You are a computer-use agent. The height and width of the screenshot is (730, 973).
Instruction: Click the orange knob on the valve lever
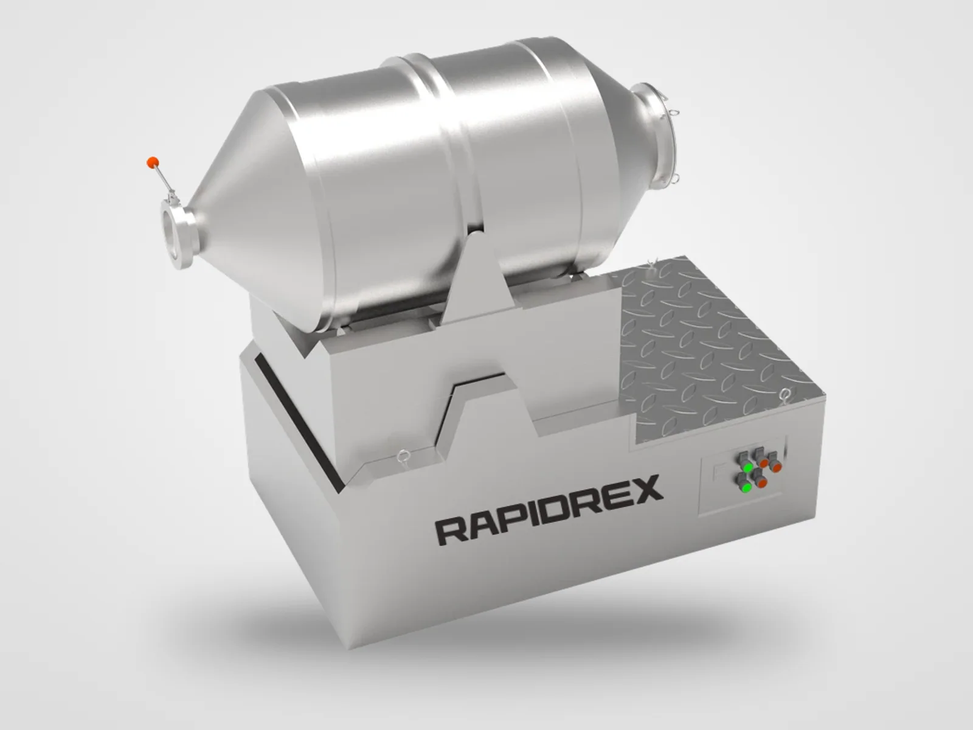pyautogui.click(x=153, y=162)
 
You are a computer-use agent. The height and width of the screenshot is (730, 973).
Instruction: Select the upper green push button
pyautogui.click(x=748, y=468)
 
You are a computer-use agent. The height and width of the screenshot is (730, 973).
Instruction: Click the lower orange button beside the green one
pyautogui.click(x=761, y=482)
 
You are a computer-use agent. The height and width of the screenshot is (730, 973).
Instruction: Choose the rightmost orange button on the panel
pyautogui.click(x=775, y=467)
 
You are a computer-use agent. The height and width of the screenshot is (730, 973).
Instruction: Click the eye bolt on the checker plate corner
pyautogui.click(x=785, y=394)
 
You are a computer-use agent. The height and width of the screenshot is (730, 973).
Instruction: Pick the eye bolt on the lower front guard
pyautogui.click(x=403, y=456)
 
